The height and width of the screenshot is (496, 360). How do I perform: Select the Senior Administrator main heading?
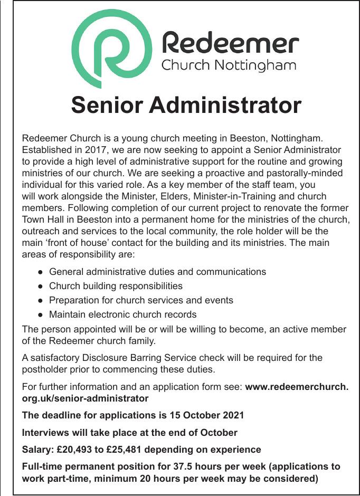[x=186, y=104]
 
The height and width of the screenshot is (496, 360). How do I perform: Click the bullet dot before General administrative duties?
[x=41, y=272]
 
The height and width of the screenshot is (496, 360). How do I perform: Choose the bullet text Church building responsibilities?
[x=116, y=286]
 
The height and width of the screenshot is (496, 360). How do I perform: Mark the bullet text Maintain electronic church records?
[x=122, y=314]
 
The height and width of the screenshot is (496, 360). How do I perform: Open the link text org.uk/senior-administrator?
[x=85, y=398]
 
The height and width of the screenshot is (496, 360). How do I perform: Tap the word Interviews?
[x=46, y=433]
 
